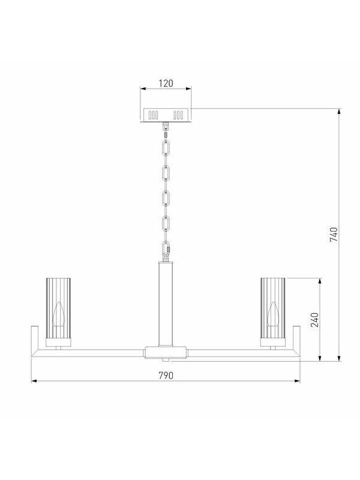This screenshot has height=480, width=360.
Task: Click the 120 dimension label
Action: [x=166, y=83]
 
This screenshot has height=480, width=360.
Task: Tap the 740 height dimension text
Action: [x=334, y=234]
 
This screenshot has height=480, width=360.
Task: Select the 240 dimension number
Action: [x=314, y=320]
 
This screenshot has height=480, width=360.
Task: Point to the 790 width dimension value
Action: [x=166, y=376]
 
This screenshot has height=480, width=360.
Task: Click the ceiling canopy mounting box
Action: [x=166, y=115]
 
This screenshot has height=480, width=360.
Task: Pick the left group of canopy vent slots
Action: [x=153, y=115]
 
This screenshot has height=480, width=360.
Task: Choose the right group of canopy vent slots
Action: [x=178, y=115]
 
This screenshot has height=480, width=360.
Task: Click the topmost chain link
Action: [x=166, y=148]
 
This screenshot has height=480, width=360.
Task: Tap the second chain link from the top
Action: [x=166, y=173]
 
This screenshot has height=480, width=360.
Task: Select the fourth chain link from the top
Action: [x=166, y=224]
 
